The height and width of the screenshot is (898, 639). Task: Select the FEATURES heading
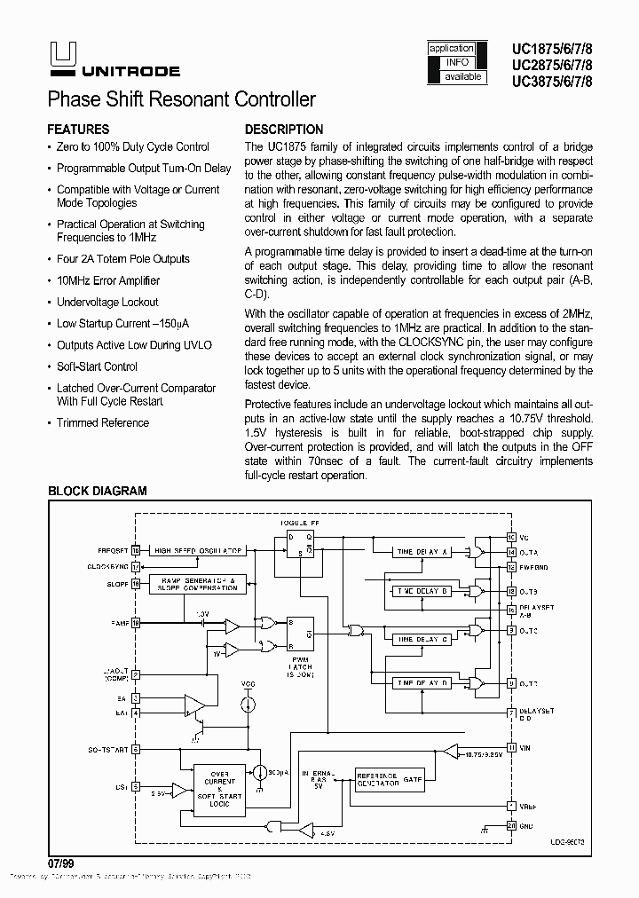click(x=78, y=130)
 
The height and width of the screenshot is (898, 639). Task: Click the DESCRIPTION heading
click(x=284, y=130)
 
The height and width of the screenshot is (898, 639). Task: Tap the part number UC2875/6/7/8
click(x=552, y=65)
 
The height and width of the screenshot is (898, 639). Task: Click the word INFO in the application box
click(x=457, y=62)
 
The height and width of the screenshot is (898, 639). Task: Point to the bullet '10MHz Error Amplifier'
click(x=108, y=280)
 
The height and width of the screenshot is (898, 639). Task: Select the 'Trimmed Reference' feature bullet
click(x=102, y=422)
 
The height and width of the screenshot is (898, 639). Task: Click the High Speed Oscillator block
click(x=197, y=551)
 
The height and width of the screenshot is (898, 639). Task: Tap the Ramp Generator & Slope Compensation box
click(x=197, y=584)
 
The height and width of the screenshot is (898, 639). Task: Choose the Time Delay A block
click(x=422, y=551)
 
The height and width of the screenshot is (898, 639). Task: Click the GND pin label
click(x=527, y=825)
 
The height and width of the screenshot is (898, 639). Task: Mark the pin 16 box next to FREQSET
click(x=136, y=550)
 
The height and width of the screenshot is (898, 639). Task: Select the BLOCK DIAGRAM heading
click(x=97, y=491)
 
